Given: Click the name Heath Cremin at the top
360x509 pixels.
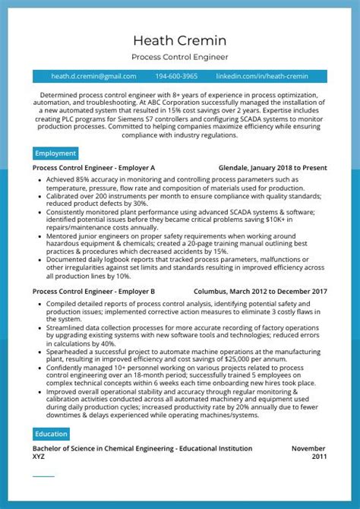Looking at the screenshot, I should pos(179,40).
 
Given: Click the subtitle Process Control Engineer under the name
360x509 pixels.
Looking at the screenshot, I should pos(179,57).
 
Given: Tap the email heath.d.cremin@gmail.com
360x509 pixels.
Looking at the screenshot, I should pos(93,77).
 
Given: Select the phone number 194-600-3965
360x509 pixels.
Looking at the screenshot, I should pos(176,77).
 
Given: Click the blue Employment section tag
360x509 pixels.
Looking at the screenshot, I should pos(55,153).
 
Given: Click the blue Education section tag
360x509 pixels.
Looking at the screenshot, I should pos(52,434).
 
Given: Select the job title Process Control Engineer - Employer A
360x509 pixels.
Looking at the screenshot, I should pos(94,168).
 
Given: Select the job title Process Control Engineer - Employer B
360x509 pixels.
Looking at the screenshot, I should pos(94,291).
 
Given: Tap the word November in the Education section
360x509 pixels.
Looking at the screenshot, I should pos(308,449).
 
